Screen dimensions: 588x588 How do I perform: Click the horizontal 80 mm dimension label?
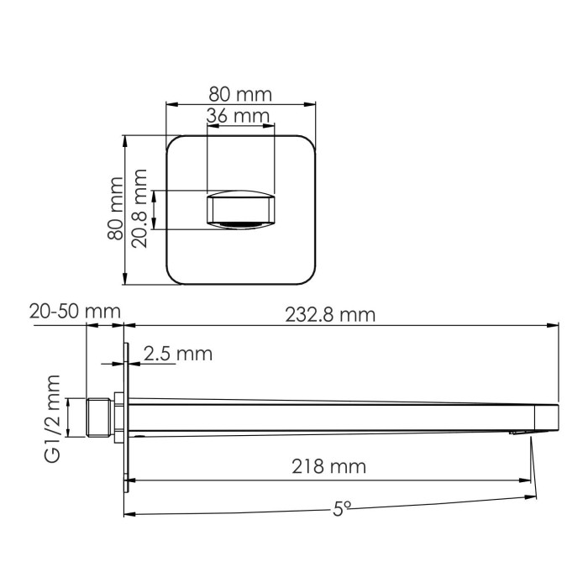[x=240, y=93]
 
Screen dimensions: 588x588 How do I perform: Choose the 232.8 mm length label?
[x=330, y=314]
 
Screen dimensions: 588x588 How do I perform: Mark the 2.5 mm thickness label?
[x=177, y=354]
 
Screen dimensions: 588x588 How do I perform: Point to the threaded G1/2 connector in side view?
[x=100, y=417]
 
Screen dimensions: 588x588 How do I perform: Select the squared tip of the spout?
[x=547, y=415]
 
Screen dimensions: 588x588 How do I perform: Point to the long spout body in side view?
[x=336, y=417]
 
